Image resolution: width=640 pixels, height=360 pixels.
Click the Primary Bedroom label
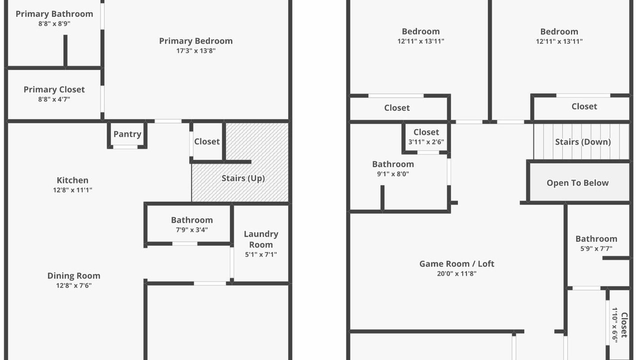[195, 41]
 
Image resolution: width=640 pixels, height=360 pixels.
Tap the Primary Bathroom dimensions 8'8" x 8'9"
[54, 23]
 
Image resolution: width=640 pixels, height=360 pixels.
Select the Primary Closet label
[54, 89]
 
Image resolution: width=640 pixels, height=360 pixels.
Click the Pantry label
[127, 134]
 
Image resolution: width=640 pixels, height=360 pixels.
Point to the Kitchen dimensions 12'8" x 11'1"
[72, 190]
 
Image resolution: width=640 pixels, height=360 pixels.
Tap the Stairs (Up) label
[243, 178]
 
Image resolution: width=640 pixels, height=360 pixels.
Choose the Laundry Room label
[261, 239]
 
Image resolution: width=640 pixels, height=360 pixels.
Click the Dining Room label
[73, 275]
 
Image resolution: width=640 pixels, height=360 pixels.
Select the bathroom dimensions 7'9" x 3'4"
[191, 229]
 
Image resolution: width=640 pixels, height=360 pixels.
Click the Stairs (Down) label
[583, 142]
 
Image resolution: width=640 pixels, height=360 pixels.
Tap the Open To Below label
[577, 183]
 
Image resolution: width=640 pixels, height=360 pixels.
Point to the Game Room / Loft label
[456, 263]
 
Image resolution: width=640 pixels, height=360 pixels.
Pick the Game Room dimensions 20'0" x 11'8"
[456, 273]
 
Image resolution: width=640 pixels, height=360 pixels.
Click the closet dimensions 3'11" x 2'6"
[426, 142]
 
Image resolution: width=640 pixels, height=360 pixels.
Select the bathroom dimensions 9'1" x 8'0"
[393, 174]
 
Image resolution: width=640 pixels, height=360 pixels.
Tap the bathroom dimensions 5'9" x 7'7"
[596, 248]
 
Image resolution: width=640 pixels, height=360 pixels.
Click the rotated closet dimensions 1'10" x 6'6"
[615, 325]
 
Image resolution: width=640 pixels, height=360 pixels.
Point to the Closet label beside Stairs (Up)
[207, 141]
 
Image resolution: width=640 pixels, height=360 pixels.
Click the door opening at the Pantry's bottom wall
[125, 147]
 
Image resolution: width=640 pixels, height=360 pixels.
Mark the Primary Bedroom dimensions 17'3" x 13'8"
[195, 51]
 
